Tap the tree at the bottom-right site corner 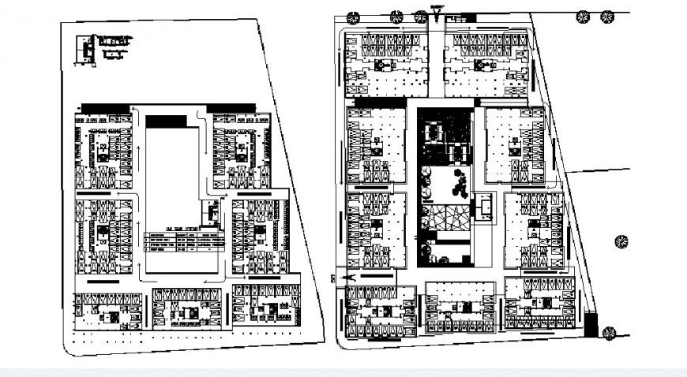(609, 333)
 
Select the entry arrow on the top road (437, 13)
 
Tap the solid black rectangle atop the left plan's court (166, 121)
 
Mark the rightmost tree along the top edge (606, 15)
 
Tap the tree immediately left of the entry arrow (420, 15)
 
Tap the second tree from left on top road (397, 15)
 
